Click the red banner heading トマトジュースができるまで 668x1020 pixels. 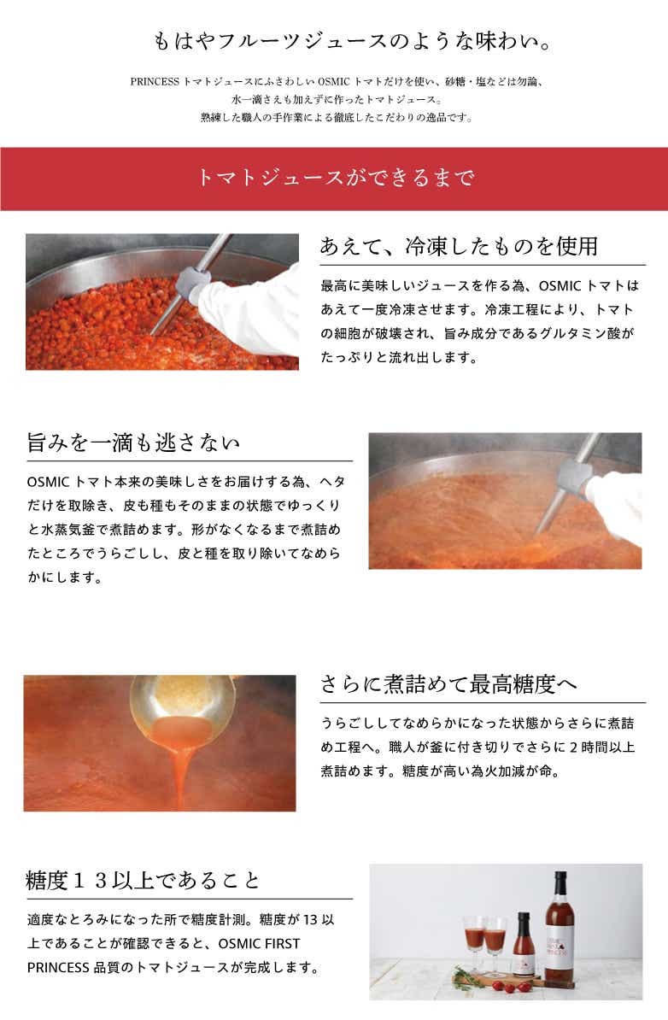point(334,178)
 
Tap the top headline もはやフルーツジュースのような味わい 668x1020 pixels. point(352,42)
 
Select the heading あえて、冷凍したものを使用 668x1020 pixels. point(459,247)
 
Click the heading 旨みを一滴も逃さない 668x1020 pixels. point(133,443)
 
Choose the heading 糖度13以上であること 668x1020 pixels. point(144,881)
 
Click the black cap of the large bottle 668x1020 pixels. point(560,882)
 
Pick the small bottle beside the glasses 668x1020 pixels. point(523,944)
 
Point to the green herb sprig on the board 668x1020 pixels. point(466,976)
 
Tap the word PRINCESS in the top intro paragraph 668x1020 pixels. point(154,82)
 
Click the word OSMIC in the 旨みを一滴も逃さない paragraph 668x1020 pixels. point(48,482)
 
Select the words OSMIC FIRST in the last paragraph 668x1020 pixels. point(260,944)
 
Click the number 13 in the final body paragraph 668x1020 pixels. point(310,920)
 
